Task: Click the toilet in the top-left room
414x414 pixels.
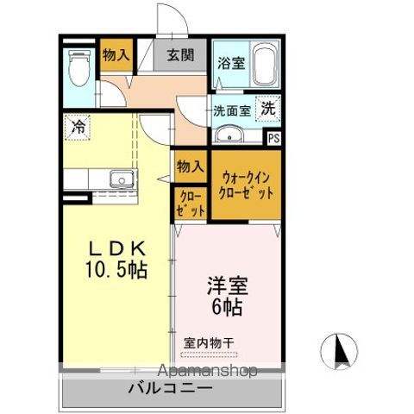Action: tap(78, 67)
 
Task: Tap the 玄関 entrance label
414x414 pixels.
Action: tap(181, 56)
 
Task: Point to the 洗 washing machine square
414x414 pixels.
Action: tap(268, 110)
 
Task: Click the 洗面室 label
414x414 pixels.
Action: tap(232, 110)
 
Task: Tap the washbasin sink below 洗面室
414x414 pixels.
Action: tap(229, 135)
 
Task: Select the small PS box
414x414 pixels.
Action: tap(273, 137)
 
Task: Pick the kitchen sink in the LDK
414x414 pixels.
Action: tap(119, 179)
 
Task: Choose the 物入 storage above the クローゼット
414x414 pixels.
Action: tap(190, 166)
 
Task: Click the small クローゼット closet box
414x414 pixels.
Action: tap(191, 203)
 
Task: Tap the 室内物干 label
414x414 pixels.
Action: tap(210, 342)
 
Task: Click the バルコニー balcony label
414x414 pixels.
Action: tap(172, 389)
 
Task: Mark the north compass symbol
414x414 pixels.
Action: tap(339, 350)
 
